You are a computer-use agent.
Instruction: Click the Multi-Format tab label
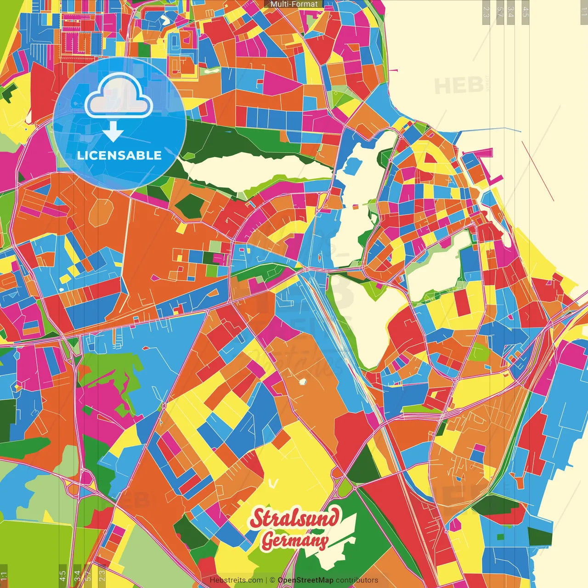click(294, 4)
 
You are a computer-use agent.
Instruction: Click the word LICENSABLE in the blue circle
click(119, 155)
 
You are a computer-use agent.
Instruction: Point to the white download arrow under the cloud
click(113, 132)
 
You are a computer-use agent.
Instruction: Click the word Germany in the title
click(295, 541)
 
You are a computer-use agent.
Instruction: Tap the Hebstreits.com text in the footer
click(236, 580)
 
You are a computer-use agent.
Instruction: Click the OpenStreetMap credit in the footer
click(305, 580)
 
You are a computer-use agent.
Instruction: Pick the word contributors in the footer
click(356, 580)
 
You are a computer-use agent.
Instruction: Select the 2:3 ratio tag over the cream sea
click(486, 11)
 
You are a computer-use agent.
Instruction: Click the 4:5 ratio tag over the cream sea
click(526, 11)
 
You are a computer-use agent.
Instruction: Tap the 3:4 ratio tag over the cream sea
click(511, 11)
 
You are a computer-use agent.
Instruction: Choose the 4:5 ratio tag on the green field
click(62, 576)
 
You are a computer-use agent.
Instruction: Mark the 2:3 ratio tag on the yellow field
click(102, 576)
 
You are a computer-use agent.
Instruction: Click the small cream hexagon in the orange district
click(302, 381)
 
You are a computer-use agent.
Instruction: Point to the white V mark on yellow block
click(274, 483)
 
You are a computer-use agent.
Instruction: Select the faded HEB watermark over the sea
click(458, 85)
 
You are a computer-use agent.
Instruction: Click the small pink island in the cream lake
click(355, 207)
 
